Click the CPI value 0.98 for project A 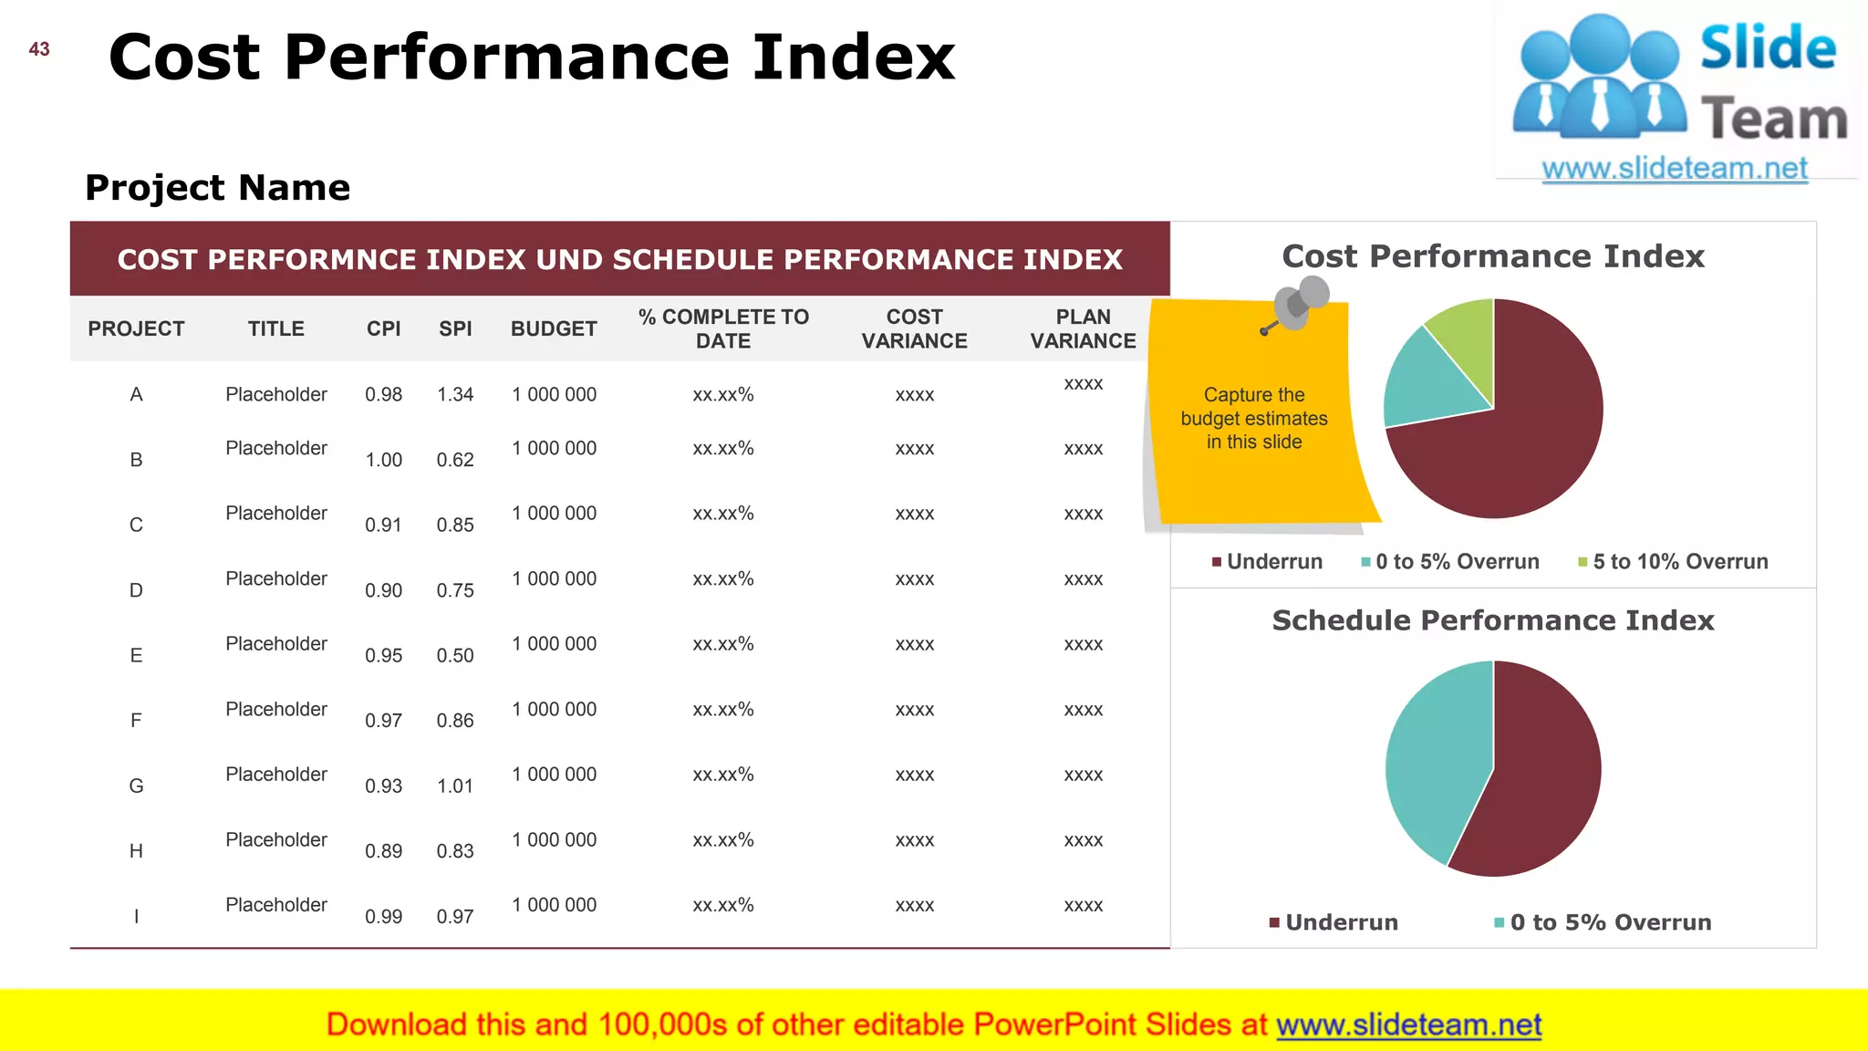[383, 394]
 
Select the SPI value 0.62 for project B [455, 460]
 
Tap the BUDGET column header [554, 328]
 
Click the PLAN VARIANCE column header [1083, 328]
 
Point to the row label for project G [136, 786]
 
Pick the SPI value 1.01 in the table [455, 786]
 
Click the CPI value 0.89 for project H [383, 851]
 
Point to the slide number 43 [39, 49]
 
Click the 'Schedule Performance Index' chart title [1493, 620]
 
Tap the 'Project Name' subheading [217, 188]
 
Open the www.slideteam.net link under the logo [1675, 169]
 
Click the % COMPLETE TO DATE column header [723, 328]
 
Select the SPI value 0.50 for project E [455, 655]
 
